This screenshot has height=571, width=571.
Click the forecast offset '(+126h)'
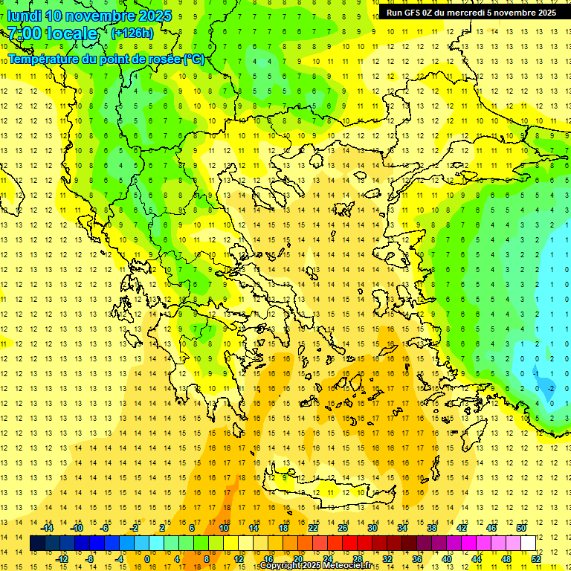click(x=132, y=33)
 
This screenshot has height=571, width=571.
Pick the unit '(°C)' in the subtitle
click(x=194, y=59)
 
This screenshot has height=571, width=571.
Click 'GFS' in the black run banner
click(x=415, y=13)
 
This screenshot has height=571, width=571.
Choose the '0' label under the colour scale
click(x=146, y=559)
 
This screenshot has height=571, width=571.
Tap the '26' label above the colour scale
click(x=343, y=528)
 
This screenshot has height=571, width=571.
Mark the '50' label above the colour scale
click(x=521, y=528)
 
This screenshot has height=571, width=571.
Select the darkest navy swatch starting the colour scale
click(x=37, y=543)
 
